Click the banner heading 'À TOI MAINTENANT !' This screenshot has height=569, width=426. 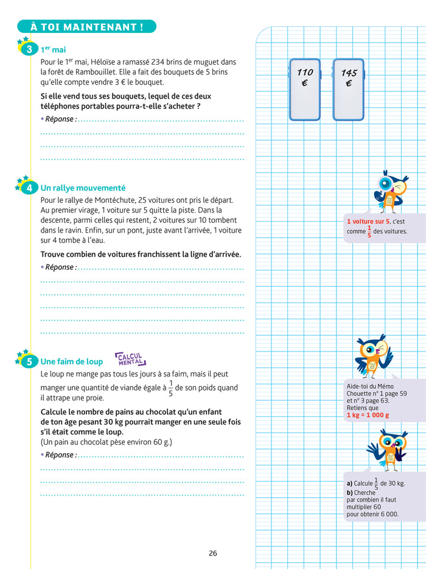(x=86, y=27)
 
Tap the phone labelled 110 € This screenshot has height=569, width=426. (x=304, y=89)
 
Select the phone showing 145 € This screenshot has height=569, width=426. (x=348, y=89)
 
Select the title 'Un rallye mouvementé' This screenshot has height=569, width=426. (x=83, y=188)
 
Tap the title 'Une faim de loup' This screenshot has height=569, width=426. (x=72, y=362)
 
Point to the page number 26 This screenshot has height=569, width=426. (x=212, y=553)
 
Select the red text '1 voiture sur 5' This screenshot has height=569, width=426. (x=368, y=222)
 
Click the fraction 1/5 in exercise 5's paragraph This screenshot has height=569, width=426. (x=170, y=388)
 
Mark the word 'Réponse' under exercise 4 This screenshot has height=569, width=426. (x=60, y=267)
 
